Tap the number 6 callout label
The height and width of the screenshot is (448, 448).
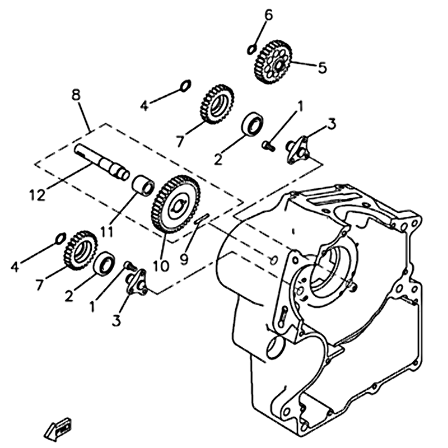coord(269,15)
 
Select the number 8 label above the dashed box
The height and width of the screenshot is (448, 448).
coord(76,95)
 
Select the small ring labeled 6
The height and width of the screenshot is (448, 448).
coord(252,49)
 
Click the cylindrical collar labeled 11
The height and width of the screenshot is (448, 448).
coord(143,185)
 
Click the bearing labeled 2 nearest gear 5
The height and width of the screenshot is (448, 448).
coord(254,124)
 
